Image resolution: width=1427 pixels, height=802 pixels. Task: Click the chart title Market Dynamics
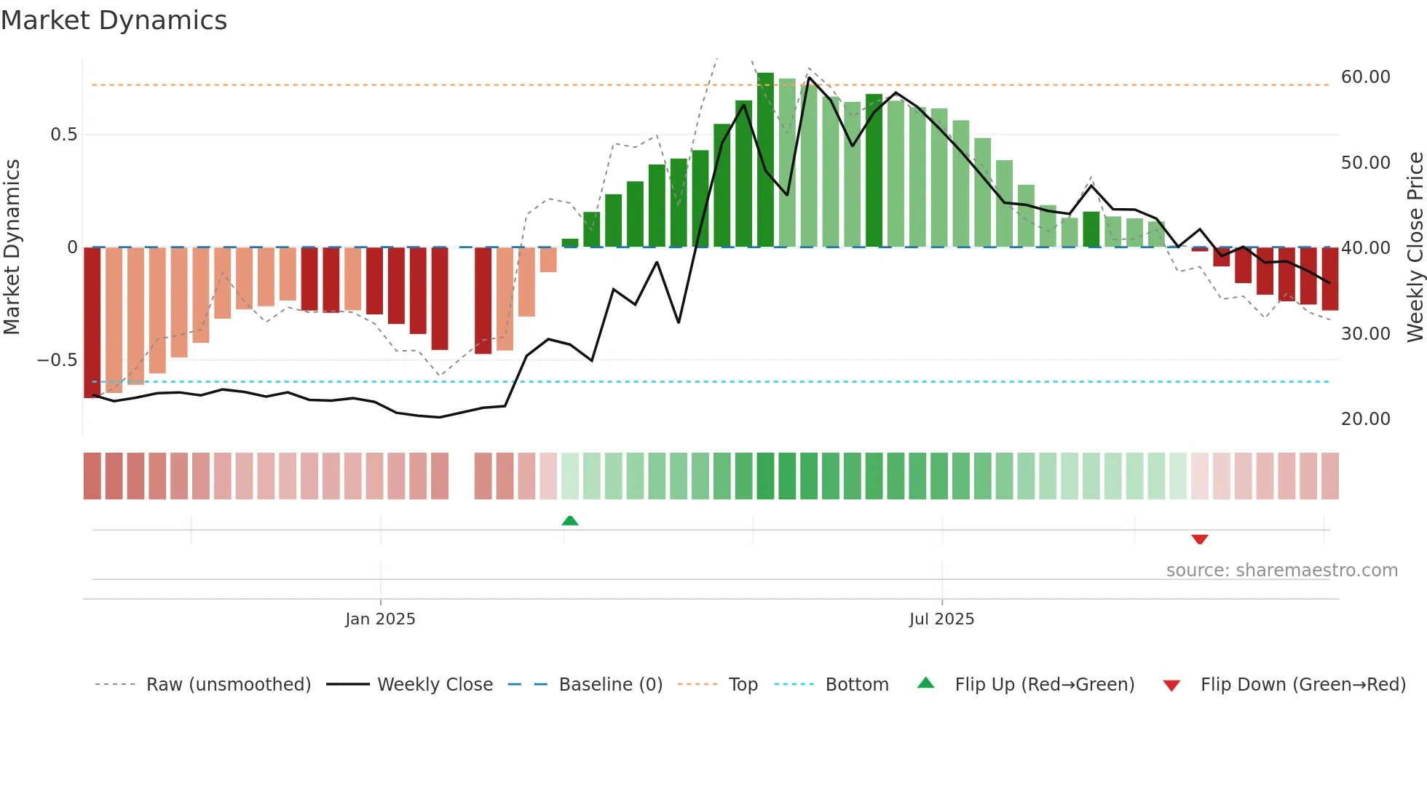(114, 20)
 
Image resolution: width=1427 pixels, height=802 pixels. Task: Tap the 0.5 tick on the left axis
(63, 135)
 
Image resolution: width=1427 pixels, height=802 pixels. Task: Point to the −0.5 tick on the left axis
(58, 360)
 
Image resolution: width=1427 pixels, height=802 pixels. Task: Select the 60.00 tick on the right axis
(1365, 77)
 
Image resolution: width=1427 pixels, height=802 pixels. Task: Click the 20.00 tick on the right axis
(1365, 419)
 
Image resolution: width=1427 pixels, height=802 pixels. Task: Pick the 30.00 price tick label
(1365, 334)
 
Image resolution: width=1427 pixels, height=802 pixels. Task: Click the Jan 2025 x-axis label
(380, 619)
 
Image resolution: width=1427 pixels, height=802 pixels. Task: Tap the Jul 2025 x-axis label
(941, 619)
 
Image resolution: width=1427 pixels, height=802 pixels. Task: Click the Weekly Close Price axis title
(1415, 247)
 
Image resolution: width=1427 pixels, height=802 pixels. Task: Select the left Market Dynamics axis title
(12, 247)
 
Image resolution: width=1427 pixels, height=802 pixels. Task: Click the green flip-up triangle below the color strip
(570, 520)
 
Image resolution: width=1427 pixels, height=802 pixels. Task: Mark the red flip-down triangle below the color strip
(1200, 539)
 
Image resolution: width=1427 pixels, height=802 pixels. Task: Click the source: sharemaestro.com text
(1281, 571)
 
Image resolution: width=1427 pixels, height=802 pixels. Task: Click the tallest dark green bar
(765, 160)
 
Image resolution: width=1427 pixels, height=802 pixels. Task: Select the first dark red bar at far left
(92, 322)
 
